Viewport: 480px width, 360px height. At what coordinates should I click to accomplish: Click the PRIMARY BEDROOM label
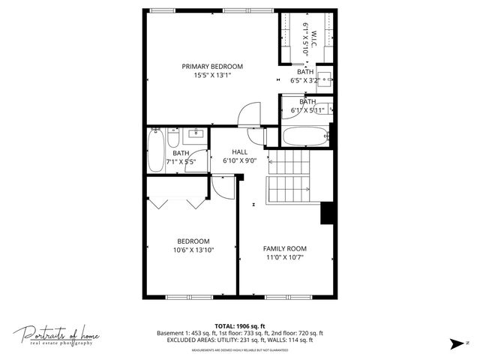click(x=212, y=66)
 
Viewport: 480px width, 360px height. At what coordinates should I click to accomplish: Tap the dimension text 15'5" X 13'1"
click(x=212, y=75)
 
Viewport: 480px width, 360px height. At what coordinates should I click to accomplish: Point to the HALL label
click(x=240, y=151)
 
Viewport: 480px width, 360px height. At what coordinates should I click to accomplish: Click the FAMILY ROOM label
click(x=284, y=248)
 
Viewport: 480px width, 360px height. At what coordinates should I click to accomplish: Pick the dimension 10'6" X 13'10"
click(x=193, y=250)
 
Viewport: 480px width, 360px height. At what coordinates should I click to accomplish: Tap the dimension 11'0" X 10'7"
click(x=284, y=257)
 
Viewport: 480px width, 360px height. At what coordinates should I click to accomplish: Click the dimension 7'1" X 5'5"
click(x=181, y=161)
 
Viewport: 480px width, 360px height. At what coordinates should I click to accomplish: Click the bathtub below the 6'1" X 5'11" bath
click(x=306, y=137)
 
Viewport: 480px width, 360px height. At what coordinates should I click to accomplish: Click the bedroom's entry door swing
click(x=223, y=185)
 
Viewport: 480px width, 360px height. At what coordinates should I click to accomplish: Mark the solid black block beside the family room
click(x=327, y=213)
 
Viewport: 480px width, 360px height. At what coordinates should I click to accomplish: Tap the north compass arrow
click(x=454, y=343)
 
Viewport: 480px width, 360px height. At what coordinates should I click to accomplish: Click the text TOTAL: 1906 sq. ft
click(x=240, y=325)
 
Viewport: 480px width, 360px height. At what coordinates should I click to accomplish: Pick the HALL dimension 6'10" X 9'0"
click(x=240, y=160)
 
